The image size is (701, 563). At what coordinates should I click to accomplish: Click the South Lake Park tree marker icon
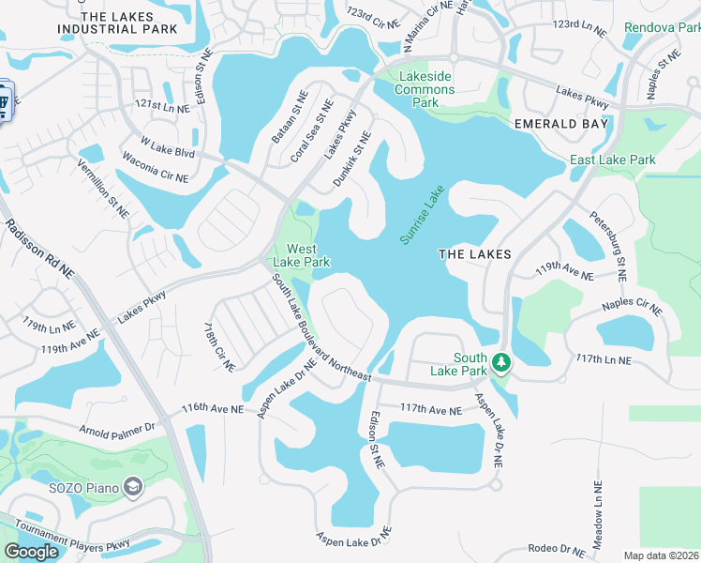pyautogui.click(x=501, y=362)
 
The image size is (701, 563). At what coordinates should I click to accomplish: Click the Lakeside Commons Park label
pyautogui.click(x=426, y=89)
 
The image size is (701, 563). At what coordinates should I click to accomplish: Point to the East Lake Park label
pyautogui.click(x=613, y=160)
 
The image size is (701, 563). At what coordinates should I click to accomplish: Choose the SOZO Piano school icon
pyautogui.click(x=134, y=486)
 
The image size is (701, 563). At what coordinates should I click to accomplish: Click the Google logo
pyautogui.click(x=31, y=552)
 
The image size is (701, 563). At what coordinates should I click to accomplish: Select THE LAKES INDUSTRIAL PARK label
pyautogui.click(x=117, y=23)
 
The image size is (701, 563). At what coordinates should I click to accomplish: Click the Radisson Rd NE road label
pyautogui.click(x=39, y=249)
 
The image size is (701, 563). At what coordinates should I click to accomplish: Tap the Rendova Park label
pyautogui.click(x=663, y=27)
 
